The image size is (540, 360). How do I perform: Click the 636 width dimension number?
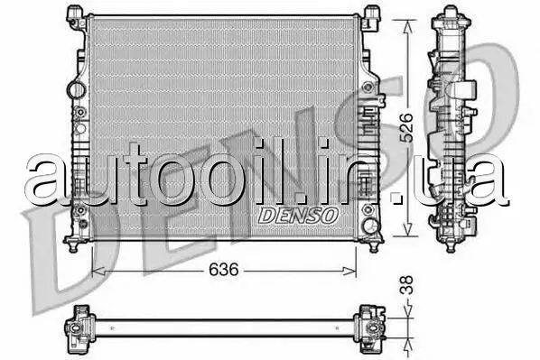point(224,270)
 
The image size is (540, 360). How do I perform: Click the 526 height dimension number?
point(406,127)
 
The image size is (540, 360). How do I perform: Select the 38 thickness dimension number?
point(406,285)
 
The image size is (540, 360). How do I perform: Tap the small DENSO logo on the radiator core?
point(298,216)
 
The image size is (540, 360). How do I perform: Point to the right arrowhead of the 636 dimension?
point(349,272)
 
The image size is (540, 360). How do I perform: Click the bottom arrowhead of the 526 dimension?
point(408,229)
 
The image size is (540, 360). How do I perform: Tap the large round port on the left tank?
point(76,89)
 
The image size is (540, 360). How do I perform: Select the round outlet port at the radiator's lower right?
point(372,226)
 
